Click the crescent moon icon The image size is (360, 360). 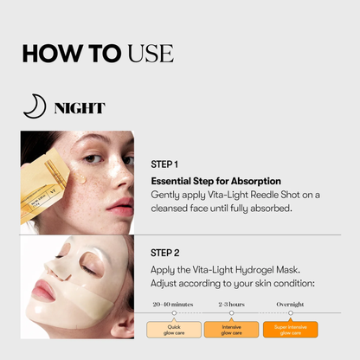pyautogui.click(x=32, y=106)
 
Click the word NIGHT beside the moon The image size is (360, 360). pyautogui.click(x=79, y=108)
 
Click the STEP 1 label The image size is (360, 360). pyautogui.click(x=164, y=164)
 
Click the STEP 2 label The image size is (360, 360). pyautogui.click(x=164, y=253)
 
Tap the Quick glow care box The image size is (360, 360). pyautogui.click(x=173, y=329)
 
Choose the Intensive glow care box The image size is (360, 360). pyautogui.click(x=232, y=329)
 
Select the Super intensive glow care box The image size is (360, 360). pyautogui.click(x=290, y=329)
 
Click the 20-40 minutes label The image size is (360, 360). pyautogui.click(x=173, y=305)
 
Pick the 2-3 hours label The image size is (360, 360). pyautogui.click(x=232, y=305)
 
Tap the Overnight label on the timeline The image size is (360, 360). pyautogui.click(x=290, y=305)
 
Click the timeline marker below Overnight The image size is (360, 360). pyautogui.click(x=290, y=313)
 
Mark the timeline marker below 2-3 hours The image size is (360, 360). pyautogui.click(x=232, y=313)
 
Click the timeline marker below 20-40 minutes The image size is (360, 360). pyautogui.click(x=174, y=313)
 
